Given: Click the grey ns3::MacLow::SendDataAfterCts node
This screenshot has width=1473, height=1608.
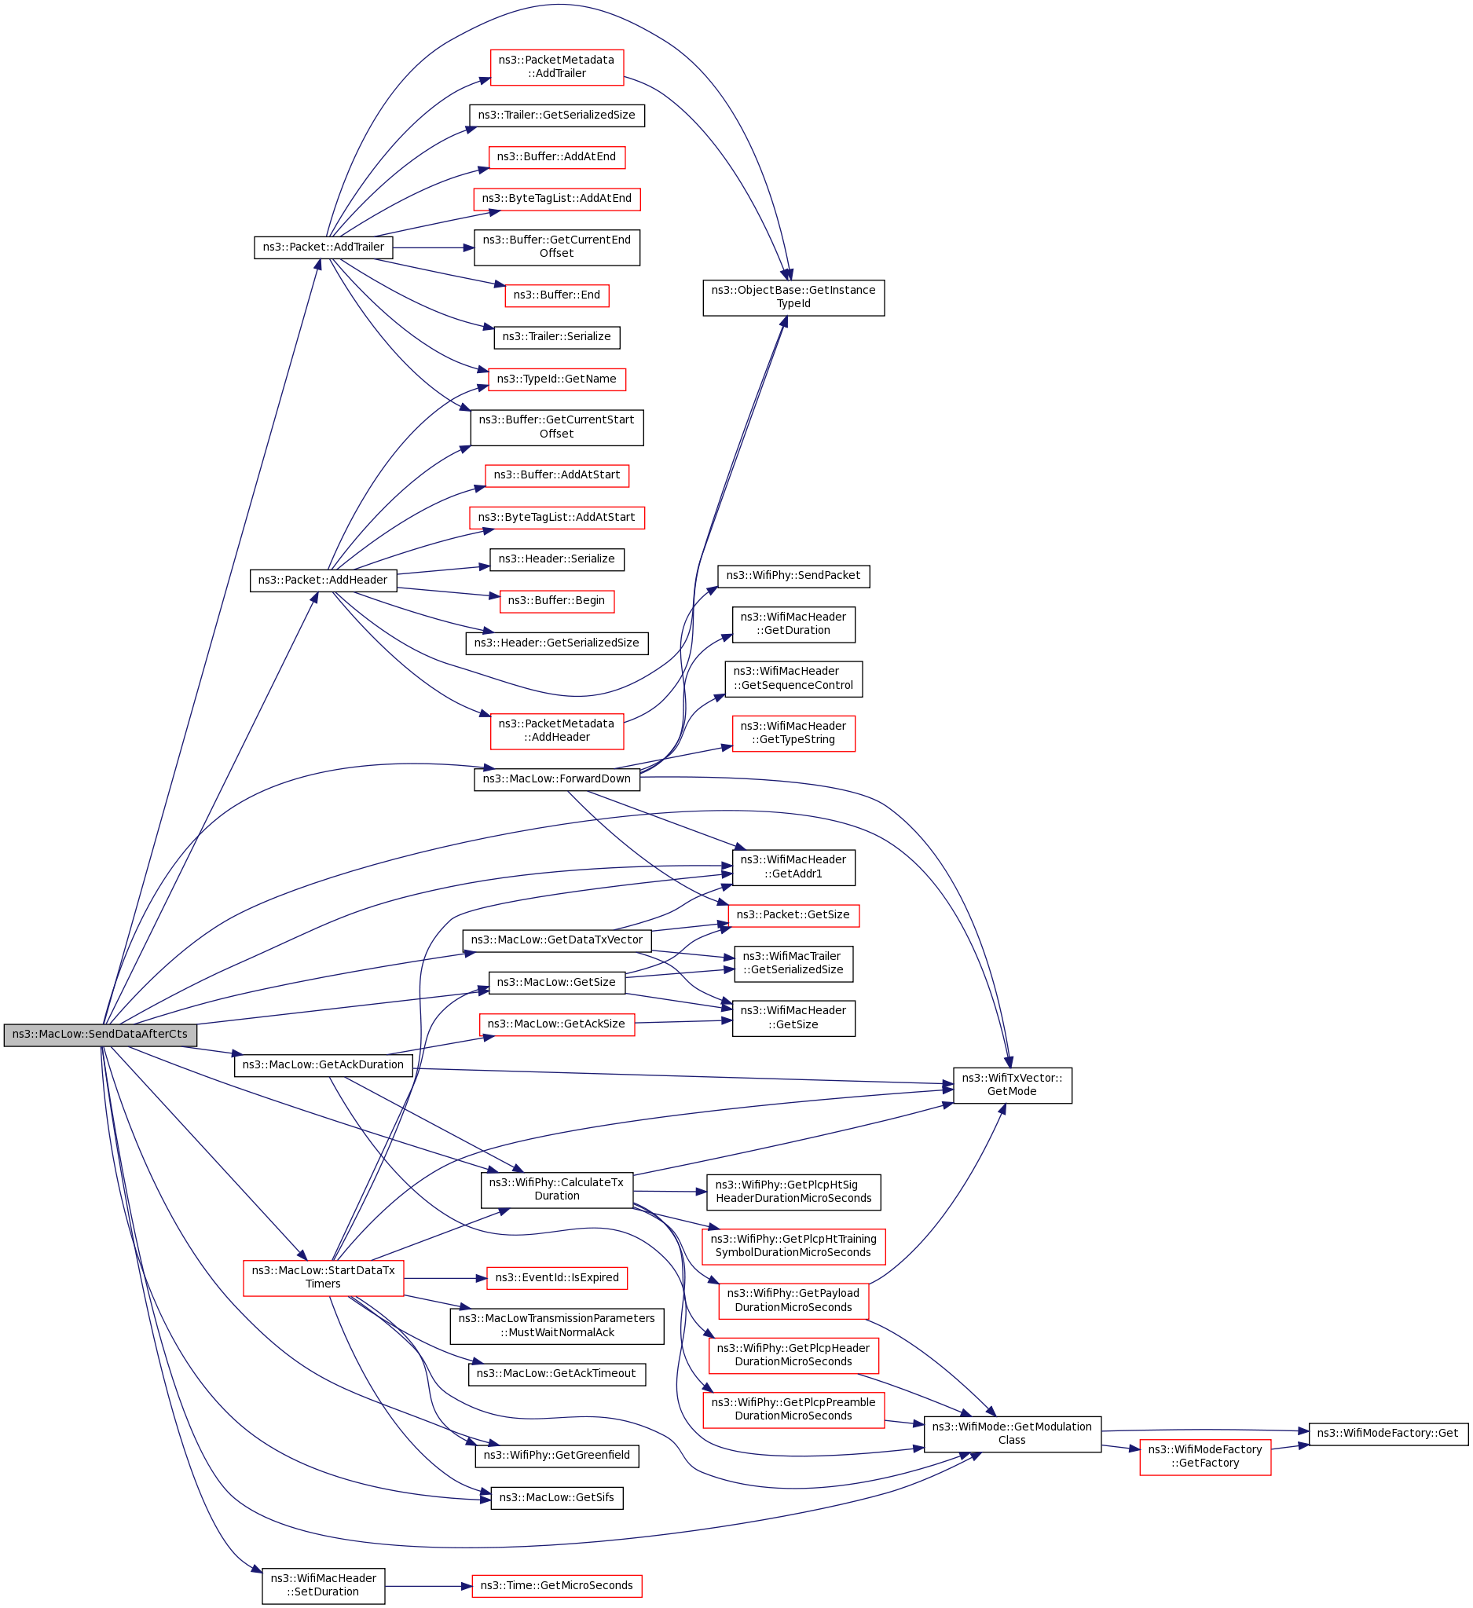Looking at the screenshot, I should [100, 1035].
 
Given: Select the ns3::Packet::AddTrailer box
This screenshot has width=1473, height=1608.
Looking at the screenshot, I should [323, 247].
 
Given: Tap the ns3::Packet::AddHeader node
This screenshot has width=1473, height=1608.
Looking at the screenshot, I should [323, 581].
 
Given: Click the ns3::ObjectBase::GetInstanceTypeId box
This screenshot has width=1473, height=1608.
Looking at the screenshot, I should [793, 298].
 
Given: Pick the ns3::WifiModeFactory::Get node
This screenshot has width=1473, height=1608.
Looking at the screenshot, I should [1387, 1434].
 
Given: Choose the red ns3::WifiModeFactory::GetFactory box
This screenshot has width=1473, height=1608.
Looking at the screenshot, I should [1204, 1456].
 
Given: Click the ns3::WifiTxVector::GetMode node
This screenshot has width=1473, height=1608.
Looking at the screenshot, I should [1011, 1085].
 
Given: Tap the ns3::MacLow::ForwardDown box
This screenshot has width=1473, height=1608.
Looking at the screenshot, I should [556, 779].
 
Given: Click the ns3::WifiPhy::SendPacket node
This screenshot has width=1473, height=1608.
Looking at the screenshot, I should [793, 576].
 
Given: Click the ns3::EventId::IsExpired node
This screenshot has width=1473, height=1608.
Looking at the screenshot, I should [556, 1278].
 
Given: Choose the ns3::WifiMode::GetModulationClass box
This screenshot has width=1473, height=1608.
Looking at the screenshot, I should [1011, 1434].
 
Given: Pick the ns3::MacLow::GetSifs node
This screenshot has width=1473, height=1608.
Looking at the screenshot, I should [556, 1498].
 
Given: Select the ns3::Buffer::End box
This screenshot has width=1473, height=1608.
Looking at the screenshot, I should [556, 295].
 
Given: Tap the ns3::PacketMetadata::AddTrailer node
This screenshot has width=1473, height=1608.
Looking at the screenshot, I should [556, 67].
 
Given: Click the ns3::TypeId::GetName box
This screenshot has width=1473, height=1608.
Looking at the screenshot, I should [556, 379].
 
